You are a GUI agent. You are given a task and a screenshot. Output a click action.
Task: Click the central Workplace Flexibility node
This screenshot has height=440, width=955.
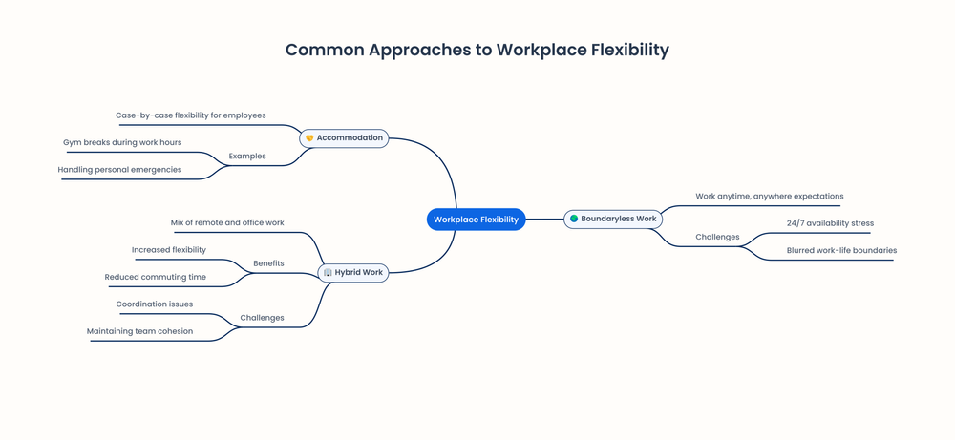pos(476,220)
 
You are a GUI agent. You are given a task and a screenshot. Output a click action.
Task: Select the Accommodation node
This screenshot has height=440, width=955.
pos(344,138)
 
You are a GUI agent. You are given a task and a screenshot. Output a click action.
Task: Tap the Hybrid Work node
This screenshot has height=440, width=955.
pos(353,273)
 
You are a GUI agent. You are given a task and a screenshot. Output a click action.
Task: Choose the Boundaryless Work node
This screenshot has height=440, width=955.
pos(613,220)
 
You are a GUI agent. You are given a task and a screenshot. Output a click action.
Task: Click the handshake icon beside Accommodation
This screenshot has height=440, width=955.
pos(309,138)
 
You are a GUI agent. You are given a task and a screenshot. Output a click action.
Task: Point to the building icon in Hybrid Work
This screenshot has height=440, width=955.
pos(328,273)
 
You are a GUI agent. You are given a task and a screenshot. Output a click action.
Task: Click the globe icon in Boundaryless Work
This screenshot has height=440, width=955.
pos(574,220)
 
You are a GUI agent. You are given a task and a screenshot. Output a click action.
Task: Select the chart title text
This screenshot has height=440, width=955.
pos(477,50)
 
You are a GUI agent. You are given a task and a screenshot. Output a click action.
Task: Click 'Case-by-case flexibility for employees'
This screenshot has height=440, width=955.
pos(191,115)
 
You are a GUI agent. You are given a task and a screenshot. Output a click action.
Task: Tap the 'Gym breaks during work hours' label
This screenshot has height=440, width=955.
pos(122,142)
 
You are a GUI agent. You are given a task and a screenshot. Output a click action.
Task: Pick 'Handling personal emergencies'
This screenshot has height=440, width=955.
pos(119,170)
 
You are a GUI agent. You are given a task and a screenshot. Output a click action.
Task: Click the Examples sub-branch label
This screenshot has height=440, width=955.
pos(247,156)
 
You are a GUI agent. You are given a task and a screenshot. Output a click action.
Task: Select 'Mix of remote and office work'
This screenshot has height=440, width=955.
pos(227,223)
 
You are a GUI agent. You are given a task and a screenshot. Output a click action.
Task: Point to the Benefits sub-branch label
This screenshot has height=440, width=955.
pos(268,263)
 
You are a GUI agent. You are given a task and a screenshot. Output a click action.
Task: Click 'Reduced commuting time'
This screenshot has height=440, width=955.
pos(155,278)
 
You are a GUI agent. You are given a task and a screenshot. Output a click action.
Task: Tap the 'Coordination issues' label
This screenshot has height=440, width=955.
pos(155,304)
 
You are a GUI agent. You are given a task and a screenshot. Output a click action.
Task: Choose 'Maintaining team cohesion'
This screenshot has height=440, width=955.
pos(139,331)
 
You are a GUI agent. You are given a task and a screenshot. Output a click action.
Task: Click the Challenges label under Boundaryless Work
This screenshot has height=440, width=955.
pos(717,237)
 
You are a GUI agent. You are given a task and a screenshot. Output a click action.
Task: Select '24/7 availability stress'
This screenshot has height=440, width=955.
pos(830,223)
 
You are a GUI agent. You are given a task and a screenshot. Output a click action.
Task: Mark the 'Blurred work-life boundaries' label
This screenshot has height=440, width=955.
pos(841,251)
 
